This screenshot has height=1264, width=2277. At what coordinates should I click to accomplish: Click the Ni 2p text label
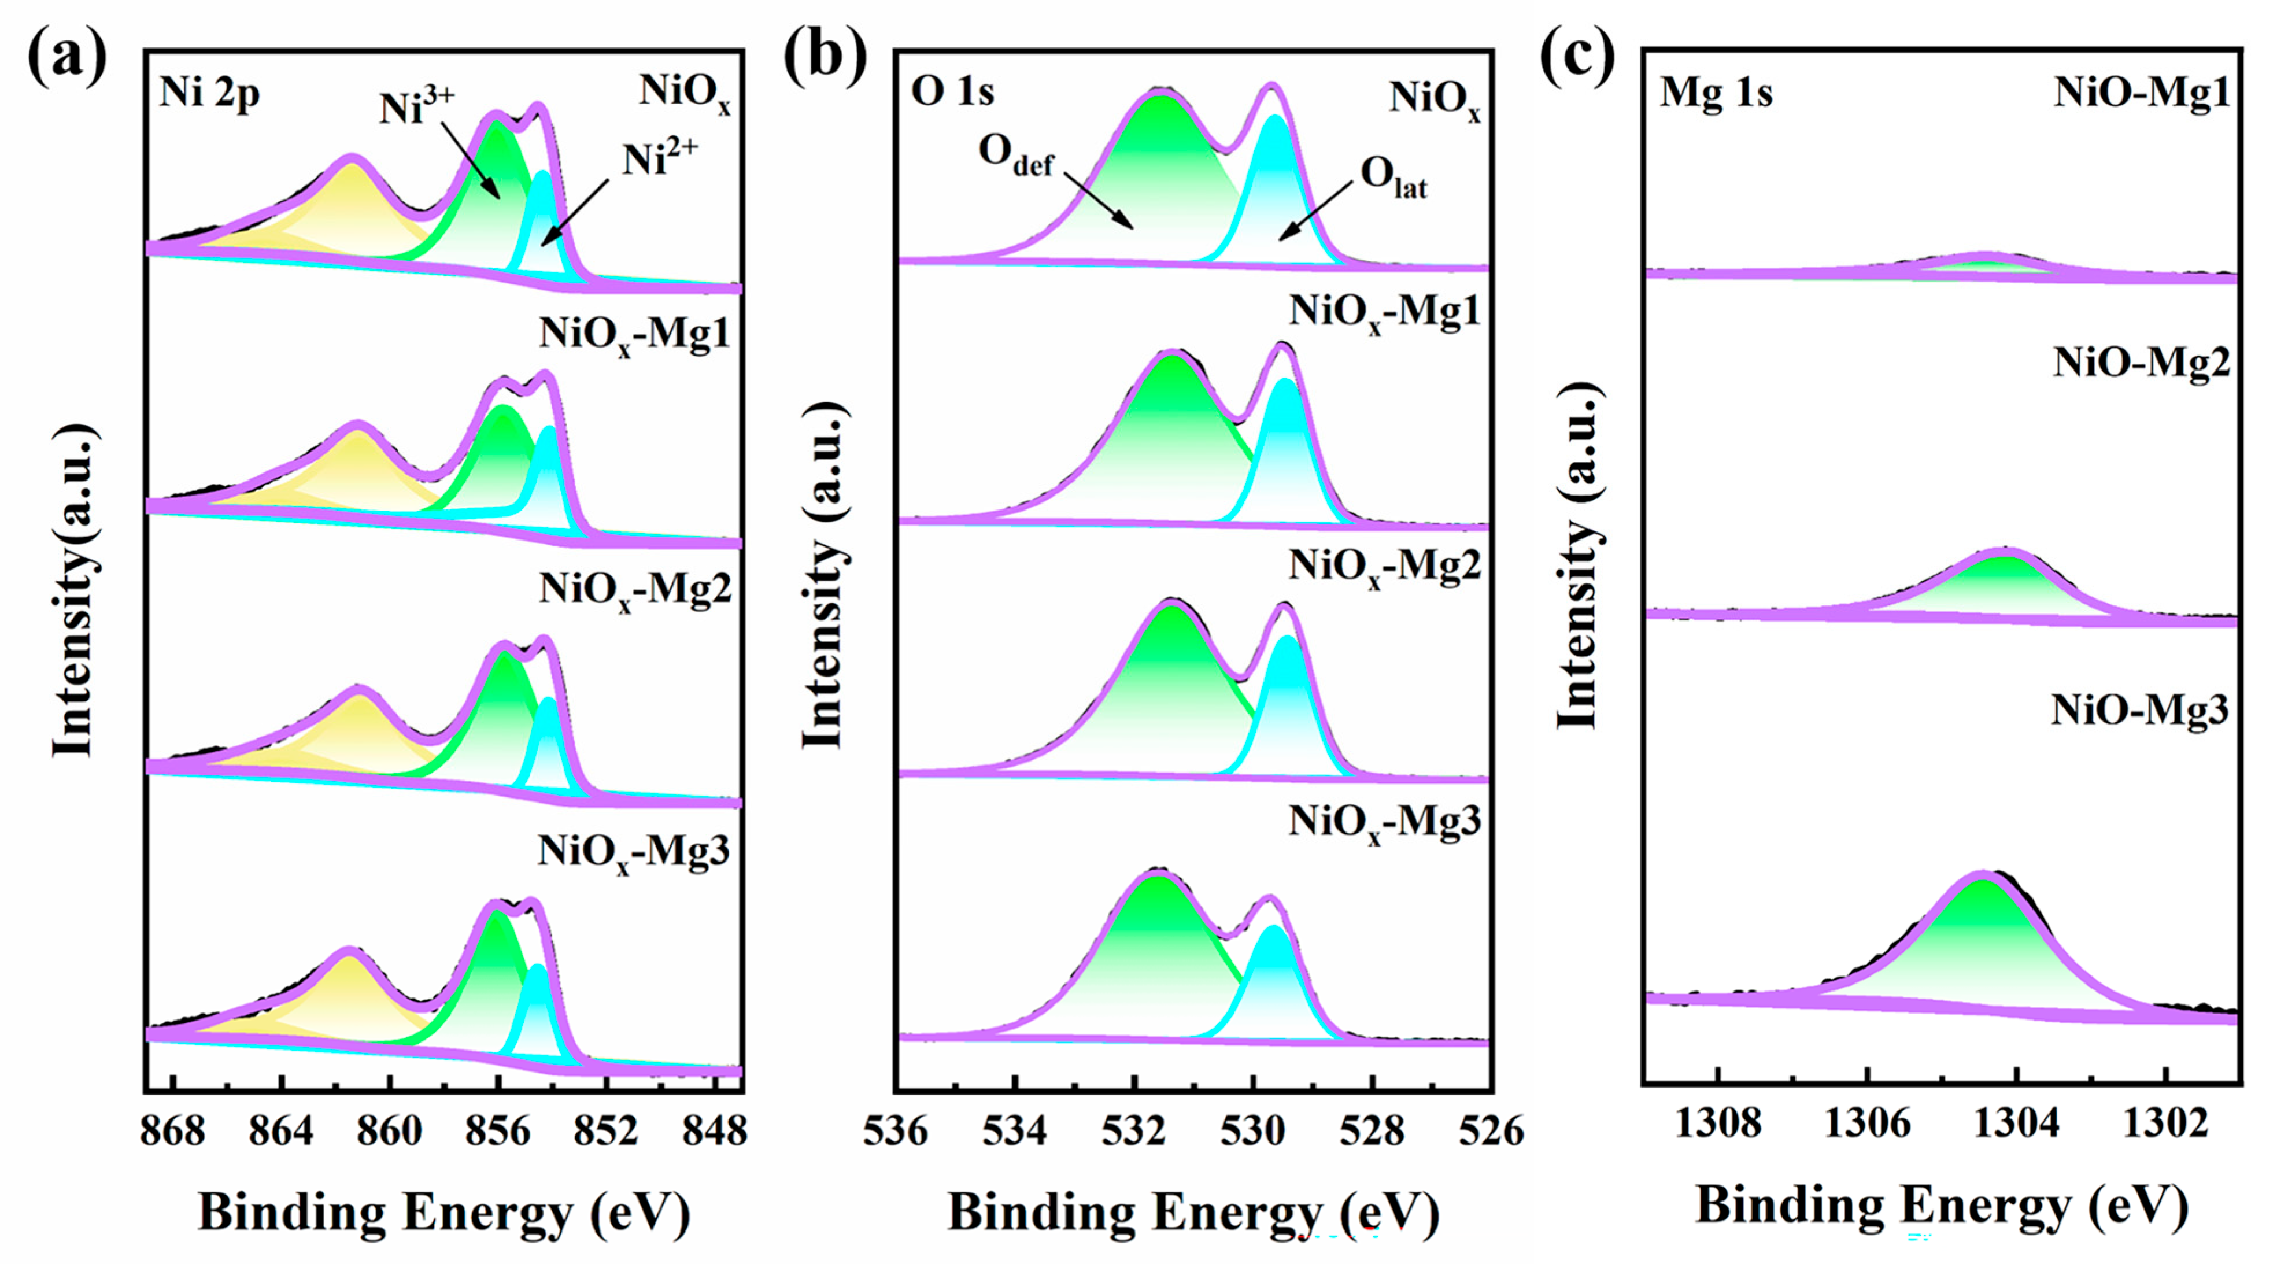[209, 93]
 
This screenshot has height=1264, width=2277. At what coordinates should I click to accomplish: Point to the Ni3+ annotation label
[416, 108]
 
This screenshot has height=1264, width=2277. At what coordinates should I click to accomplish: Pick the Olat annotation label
[1393, 177]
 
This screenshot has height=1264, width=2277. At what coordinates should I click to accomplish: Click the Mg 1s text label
[1716, 93]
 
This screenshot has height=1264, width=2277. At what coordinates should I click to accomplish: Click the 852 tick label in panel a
[605, 1130]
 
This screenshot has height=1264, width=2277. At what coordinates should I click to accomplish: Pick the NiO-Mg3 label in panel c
[2139, 710]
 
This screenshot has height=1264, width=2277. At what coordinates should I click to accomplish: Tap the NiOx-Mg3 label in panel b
[1383, 822]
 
